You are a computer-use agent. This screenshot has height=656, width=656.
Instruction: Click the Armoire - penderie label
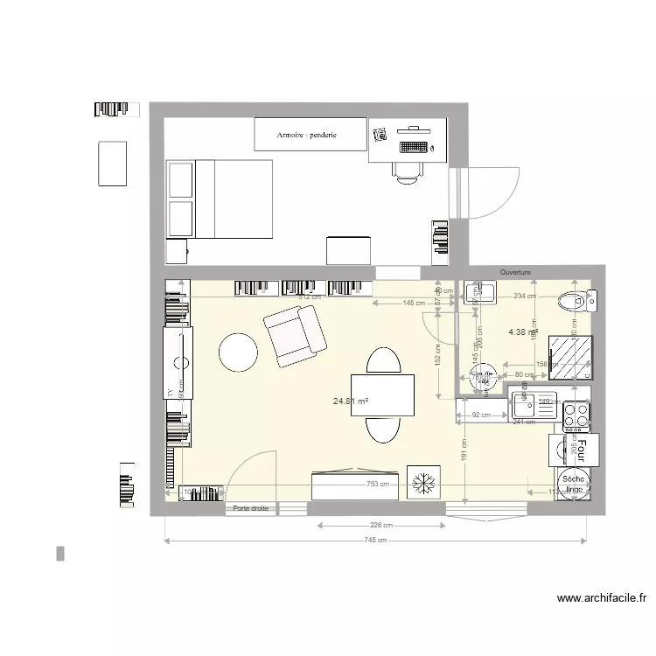(307, 136)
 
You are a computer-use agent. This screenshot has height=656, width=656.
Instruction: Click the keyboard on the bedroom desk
(414, 147)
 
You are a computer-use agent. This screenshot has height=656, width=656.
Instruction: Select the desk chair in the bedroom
(408, 172)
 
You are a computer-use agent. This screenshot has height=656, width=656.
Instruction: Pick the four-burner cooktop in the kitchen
(576, 416)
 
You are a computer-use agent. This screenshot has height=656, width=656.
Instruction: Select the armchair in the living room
(295, 336)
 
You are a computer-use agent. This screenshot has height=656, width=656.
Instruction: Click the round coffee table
(238, 353)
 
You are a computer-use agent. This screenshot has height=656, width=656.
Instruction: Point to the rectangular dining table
(382, 394)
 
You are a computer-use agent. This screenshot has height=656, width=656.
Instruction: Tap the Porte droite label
(250, 508)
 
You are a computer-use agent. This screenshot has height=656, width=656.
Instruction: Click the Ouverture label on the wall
(515, 272)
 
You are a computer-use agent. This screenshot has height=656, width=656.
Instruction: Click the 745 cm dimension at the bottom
(376, 541)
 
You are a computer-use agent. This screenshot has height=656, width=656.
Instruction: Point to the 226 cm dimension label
(380, 526)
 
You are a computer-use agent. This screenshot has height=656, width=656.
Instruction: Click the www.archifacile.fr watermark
(601, 599)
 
